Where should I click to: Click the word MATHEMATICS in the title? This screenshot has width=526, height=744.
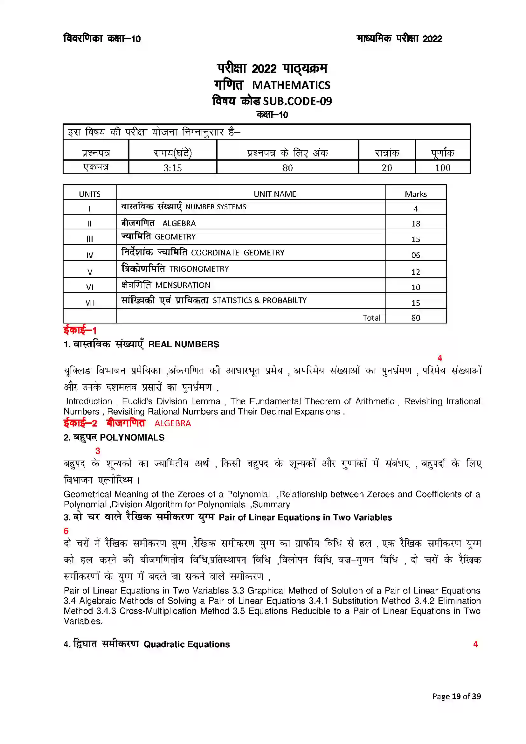click(291, 85)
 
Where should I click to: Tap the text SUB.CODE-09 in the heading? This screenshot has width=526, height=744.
click(297, 101)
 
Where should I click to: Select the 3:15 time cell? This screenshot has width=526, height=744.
click(172, 168)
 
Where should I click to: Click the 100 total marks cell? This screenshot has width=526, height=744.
click(442, 168)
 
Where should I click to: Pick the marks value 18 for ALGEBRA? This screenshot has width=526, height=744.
click(416, 224)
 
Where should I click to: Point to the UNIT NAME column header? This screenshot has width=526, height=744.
click(275, 194)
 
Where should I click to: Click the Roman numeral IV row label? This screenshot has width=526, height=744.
click(90, 255)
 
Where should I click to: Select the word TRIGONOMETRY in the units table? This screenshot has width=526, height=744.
click(199, 269)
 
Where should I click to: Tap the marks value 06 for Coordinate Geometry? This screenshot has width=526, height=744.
click(416, 255)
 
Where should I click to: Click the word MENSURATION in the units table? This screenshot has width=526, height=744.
click(183, 285)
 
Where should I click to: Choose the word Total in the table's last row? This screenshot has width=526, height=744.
click(371, 318)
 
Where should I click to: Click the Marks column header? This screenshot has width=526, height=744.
click(416, 194)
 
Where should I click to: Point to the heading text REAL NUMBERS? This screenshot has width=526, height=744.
click(183, 344)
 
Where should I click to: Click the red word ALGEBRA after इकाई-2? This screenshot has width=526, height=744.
click(173, 423)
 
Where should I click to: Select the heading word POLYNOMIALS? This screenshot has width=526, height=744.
click(132, 438)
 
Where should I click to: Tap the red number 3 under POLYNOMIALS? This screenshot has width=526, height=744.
click(98, 451)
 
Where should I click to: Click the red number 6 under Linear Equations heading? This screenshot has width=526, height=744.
click(66, 531)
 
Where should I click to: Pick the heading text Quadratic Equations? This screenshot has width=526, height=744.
click(187, 644)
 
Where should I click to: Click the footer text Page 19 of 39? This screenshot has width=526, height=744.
click(456, 696)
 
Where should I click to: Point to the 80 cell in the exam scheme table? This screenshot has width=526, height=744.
click(287, 168)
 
